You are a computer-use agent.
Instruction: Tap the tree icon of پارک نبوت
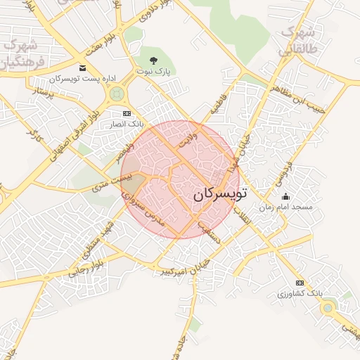154,60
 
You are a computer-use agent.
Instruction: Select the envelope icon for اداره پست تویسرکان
84,68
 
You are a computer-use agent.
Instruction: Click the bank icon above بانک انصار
127,113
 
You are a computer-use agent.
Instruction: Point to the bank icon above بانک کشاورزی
300,283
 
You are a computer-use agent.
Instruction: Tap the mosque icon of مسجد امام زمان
285,196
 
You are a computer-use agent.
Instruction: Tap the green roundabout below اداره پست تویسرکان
117,94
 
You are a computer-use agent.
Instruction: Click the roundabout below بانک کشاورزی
328,307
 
